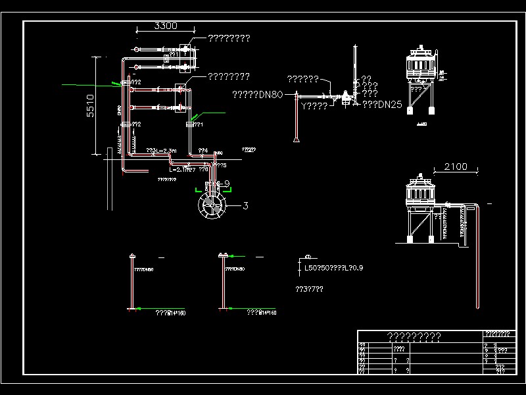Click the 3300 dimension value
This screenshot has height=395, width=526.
[x=165, y=26]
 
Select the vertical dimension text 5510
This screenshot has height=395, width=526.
[x=91, y=105]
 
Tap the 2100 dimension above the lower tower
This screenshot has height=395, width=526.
[x=455, y=167]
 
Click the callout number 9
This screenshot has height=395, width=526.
[x=226, y=184]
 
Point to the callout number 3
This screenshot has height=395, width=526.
[x=245, y=206]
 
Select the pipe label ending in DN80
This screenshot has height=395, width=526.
[x=257, y=95]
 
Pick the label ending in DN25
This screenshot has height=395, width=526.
[x=383, y=104]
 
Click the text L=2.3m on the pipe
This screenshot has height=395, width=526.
[x=162, y=151]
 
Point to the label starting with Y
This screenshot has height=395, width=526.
[x=314, y=105]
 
